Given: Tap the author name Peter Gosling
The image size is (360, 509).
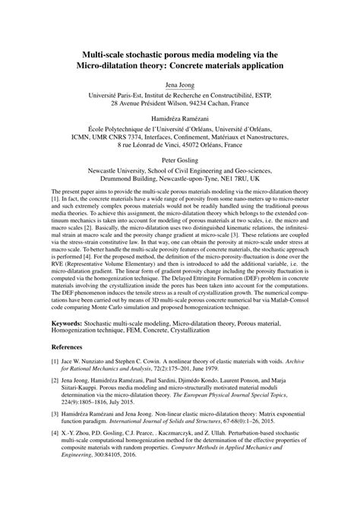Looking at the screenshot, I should click(x=180, y=161).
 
